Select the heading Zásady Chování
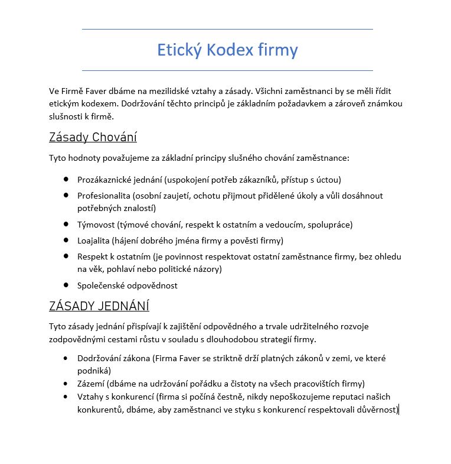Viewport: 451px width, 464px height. (x=93, y=138)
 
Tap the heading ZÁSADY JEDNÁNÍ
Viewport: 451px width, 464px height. (x=99, y=306)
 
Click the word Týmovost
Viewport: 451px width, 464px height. (x=96, y=225)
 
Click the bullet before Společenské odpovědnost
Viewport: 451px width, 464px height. (x=66, y=285)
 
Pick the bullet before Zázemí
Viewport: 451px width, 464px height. (x=66, y=383)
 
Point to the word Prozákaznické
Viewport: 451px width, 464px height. (x=105, y=180)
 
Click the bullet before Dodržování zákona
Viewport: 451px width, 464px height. (x=66, y=358)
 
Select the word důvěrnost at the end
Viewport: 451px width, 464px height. (x=378, y=409)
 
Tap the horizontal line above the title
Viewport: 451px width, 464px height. (x=227, y=29)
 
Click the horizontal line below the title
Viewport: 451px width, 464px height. (x=227, y=70)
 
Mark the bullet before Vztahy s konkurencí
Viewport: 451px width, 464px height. (x=66, y=396)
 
